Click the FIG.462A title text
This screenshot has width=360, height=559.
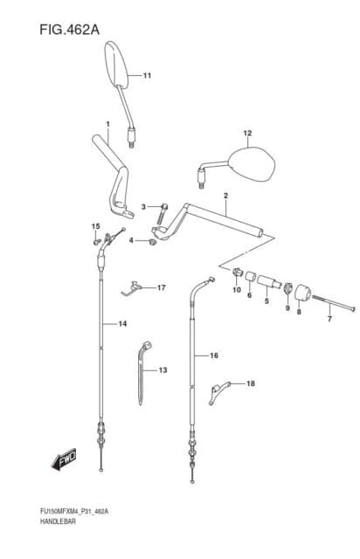click(69, 30)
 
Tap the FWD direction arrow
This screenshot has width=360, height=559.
click(64, 459)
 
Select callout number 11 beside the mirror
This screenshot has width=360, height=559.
click(147, 76)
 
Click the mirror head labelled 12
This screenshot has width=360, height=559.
click(253, 164)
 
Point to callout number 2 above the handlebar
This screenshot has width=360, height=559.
click(225, 196)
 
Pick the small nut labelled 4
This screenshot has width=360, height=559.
click(153, 243)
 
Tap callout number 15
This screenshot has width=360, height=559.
click(95, 226)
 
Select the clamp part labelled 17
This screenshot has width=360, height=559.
click(131, 287)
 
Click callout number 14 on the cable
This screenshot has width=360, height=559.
click(122, 324)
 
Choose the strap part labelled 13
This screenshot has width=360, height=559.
click(143, 373)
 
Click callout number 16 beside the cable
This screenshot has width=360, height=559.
click(214, 355)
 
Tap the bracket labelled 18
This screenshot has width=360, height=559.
click(218, 392)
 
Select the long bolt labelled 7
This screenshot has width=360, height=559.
click(334, 303)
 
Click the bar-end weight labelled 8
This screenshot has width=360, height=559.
click(301, 293)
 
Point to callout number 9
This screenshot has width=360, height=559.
click(287, 307)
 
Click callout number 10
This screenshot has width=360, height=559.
click(237, 290)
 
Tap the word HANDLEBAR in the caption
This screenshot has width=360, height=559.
click(58, 522)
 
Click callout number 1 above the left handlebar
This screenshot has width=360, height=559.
click(107, 124)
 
